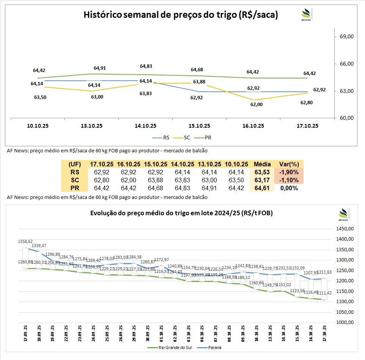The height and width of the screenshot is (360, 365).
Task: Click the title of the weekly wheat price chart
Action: coord(181,15)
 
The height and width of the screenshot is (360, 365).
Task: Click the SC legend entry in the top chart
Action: coord(187,138)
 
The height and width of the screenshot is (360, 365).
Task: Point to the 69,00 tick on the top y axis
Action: coord(347,36)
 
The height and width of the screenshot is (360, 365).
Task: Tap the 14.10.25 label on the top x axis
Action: coord(146,126)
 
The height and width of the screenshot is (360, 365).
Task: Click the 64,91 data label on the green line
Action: coord(99,68)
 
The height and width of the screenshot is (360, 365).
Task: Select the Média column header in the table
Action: coord(262,164)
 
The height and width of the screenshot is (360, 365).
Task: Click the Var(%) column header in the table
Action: coord(289,164)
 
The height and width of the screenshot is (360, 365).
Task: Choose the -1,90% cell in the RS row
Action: coord(289,172)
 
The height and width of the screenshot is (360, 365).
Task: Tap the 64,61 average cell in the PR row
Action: coord(262,188)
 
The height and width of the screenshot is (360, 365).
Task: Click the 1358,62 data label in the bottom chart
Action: coord(25,241)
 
